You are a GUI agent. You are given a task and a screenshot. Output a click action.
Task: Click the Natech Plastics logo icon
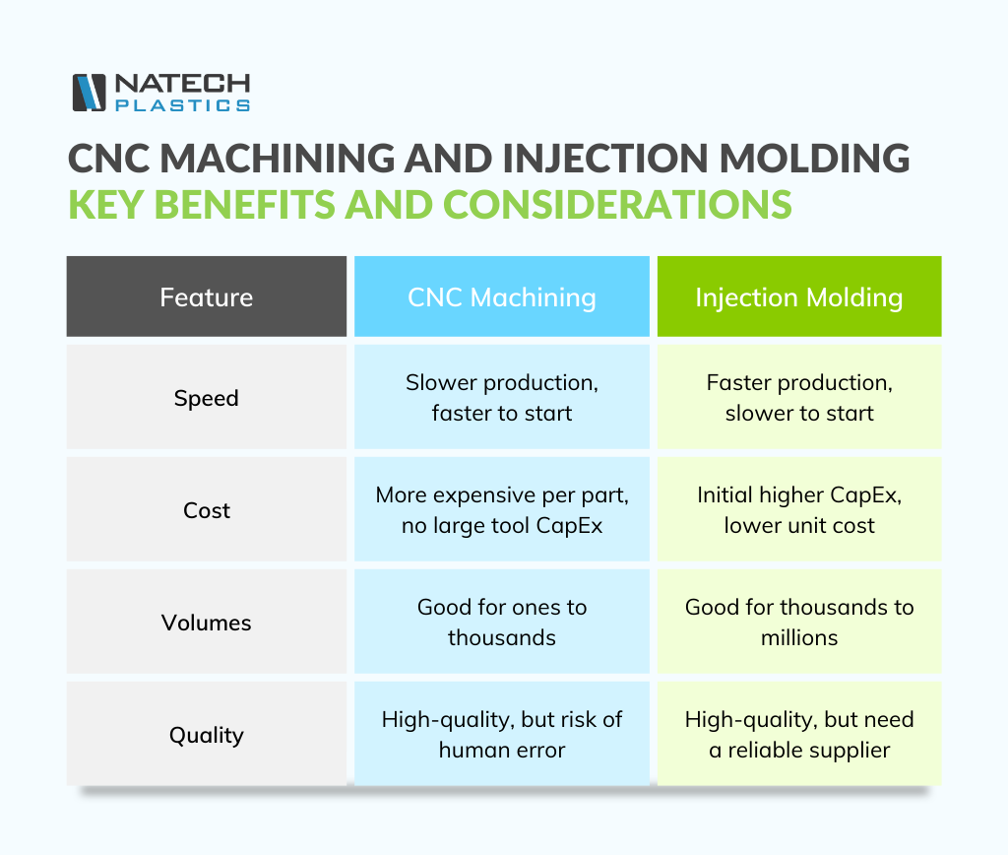point(89,93)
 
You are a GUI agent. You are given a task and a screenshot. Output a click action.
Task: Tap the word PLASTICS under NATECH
point(182,105)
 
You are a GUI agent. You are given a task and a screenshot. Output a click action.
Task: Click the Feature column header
point(207,297)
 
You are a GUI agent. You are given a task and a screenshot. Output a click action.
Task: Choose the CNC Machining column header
point(502,297)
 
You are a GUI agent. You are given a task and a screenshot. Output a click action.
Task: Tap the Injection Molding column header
point(799,297)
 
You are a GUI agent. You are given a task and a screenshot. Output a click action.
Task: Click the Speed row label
point(207,398)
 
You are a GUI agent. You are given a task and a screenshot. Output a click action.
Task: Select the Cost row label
point(207,510)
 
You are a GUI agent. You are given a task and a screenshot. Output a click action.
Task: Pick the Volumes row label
point(207,623)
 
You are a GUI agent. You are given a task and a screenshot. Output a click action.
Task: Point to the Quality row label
point(207,735)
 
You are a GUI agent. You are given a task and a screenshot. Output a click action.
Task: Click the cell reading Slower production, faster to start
point(502,398)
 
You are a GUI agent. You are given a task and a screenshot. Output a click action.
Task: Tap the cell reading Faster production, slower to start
point(799,398)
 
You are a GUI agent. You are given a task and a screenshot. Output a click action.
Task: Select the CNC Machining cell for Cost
point(502,510)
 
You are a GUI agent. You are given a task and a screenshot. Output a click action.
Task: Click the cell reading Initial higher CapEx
point(799,510)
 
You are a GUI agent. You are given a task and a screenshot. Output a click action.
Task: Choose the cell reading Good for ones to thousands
point(502,623)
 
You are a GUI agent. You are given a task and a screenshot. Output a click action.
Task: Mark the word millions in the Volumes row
point(799,638)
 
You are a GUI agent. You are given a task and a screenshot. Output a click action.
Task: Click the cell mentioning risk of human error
point(502,735)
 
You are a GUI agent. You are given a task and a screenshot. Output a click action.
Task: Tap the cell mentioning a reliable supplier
point(799,735)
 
